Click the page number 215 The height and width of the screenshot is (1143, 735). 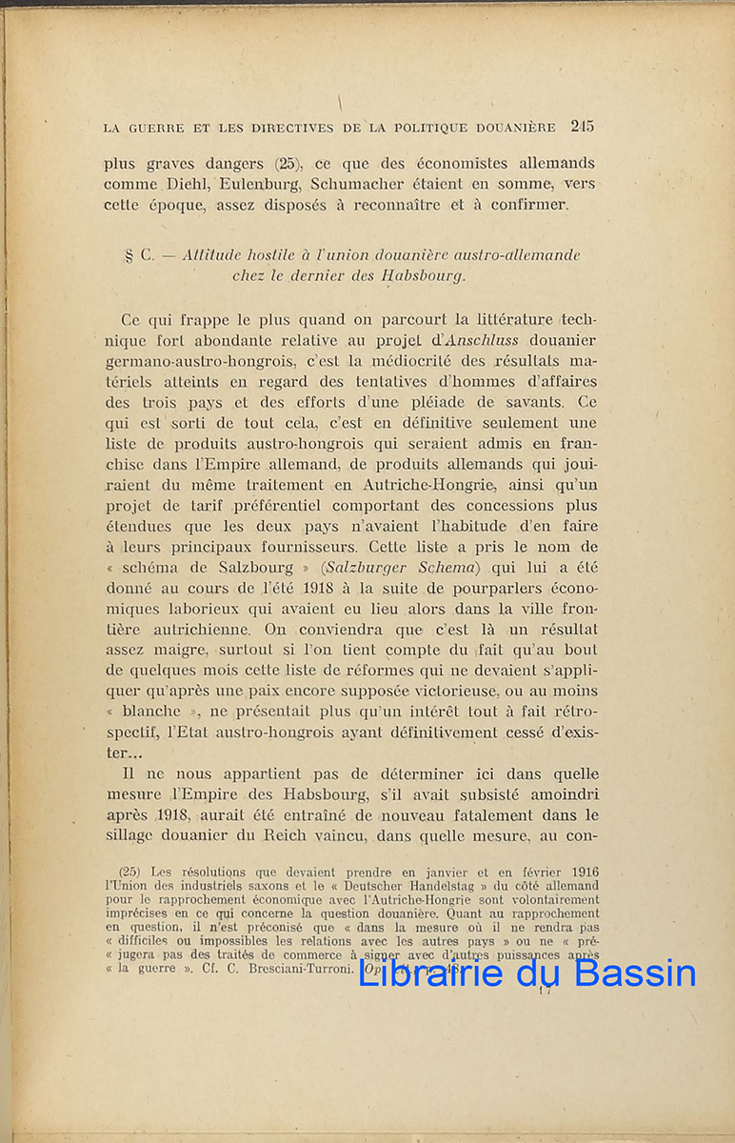click(583, 126)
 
